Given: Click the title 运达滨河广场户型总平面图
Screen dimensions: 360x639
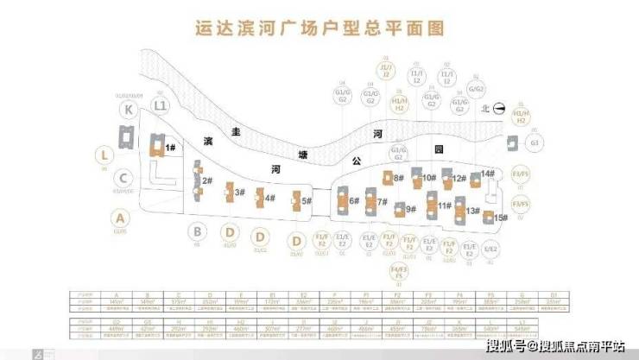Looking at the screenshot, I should (x=319, y=28).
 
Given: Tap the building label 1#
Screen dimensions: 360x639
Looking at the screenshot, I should (x=171, y=148).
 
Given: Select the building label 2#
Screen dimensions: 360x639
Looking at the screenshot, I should (x=207, y=180).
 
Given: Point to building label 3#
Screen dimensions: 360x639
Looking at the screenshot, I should (x=241, y=193).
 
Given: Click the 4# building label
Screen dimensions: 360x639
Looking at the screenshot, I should (x=269, y=199).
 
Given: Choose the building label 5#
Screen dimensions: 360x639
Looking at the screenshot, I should (x=306, y=201).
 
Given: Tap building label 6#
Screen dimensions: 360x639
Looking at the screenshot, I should (x=353, y=201).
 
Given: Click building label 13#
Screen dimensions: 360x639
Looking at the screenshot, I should (x=472, y=210).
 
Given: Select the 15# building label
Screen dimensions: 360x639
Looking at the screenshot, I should (x=500, y=218).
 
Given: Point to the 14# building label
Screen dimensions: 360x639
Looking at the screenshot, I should (x=489, y=174).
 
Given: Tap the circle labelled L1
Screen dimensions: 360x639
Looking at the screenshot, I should (x=160, y=105).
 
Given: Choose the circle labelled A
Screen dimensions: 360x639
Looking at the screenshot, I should (x=120, y=217).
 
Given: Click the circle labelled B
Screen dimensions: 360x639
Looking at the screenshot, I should (x=198, y=231).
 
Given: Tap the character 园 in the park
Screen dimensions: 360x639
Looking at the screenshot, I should (x=439, y=149).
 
